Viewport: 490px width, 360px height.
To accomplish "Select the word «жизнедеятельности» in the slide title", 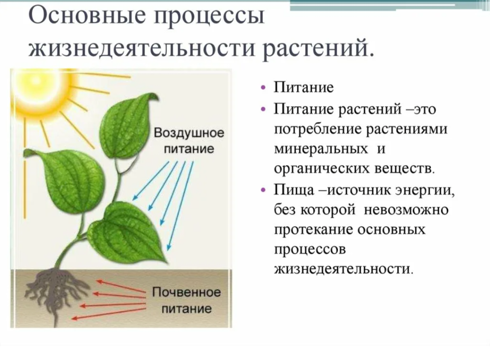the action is point(142,49).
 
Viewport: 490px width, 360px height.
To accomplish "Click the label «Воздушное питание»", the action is point(189,140).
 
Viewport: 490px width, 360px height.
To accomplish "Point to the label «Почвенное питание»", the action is point(186,300).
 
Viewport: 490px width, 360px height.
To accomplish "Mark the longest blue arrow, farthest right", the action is point(180,206).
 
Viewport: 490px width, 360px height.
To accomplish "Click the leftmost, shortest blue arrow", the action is point(151,181).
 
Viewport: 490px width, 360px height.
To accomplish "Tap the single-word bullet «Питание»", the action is point(304,87).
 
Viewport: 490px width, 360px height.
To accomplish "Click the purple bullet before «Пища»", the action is point(265,190).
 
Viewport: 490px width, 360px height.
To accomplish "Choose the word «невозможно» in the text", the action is point(406,210).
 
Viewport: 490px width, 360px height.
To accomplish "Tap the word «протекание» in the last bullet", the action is point(314,230).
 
